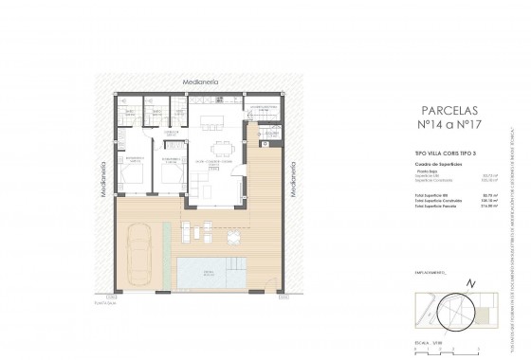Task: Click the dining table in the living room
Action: (x=224, y=146)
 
